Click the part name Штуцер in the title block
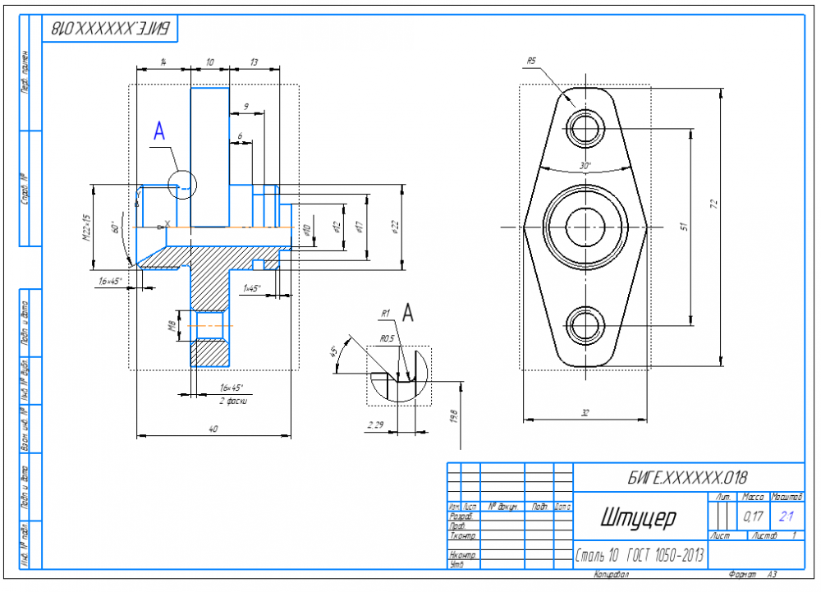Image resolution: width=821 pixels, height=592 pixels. coord(637,518)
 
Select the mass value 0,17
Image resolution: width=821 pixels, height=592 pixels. coord(752,516)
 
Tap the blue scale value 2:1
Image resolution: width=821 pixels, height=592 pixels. coord(786,516)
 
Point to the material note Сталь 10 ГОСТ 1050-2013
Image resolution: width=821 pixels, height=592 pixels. coord(640,556)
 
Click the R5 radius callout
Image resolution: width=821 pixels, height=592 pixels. coord(531,61)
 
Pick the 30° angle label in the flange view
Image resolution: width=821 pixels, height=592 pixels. coord(585,165)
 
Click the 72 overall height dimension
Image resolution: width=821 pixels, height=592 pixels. coord(714,203)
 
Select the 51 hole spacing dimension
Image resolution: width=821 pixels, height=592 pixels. coord(683,226)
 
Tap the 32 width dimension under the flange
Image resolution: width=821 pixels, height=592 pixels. coord(585,414)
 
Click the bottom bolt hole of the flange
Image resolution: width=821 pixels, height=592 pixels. coord(585,324)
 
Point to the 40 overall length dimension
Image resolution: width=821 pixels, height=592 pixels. coord(213,428)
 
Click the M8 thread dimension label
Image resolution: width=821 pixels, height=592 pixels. coord(172,327)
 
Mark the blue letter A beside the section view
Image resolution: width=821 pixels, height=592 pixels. coord(159,131)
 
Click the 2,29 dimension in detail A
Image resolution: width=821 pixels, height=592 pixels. coord(378,424)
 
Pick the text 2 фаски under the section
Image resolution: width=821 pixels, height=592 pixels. coord(233,401)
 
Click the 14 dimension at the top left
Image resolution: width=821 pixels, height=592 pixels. coord(163,62)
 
